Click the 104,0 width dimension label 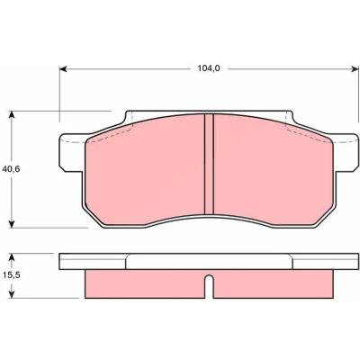coord(209,68)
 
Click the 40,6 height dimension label coord(11,169)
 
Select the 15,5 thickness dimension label coord(11,274)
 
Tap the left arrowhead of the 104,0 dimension coord(63,69)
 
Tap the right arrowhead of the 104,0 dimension coord(355,69)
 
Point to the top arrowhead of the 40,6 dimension coord(12,115)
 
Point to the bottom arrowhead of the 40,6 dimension coord(12,224)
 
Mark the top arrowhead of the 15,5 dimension coord(12,257)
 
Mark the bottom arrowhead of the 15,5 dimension coord(12,294)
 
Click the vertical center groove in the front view coord(209,164)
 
